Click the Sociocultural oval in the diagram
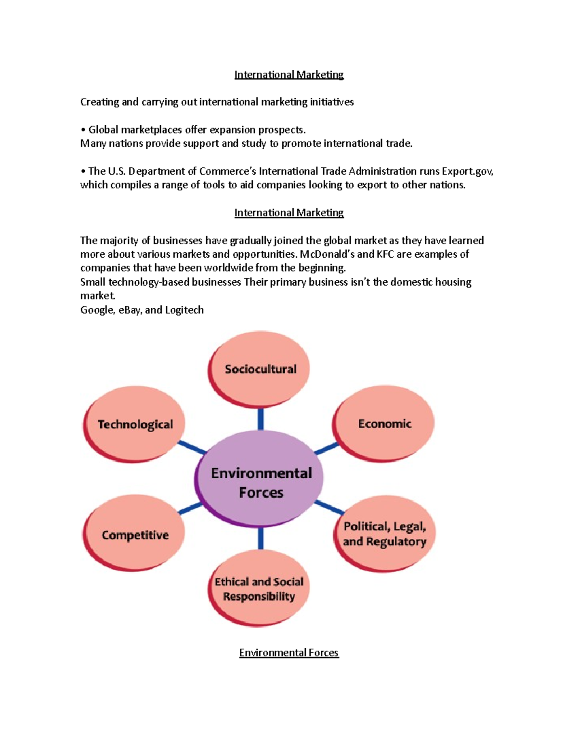click(x=260, y=369)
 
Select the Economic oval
click(x=384, y=423)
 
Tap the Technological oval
click(x=135, y=424)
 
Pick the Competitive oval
click(x=135, y=535)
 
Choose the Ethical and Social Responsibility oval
click(x=259, y=589)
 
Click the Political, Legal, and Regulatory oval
click(x=384, y=534)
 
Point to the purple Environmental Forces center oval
click(x=261, y=482)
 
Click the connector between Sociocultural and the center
click(x=261, y=419)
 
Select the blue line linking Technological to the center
click(x=192, y=447)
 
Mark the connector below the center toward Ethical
click(x=261, y=538)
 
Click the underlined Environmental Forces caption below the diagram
click(x=289, y=653)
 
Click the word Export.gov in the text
click(x=467, y=171)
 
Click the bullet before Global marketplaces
click(x=83, y=130)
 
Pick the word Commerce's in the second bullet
click(x=227, y=171)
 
